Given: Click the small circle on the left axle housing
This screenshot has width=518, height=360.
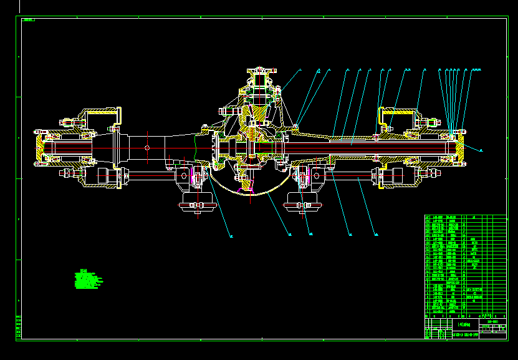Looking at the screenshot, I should (147, 147).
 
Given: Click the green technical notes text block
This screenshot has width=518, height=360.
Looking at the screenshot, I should (87, 280).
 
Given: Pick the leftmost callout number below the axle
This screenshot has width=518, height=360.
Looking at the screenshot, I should (231, 236).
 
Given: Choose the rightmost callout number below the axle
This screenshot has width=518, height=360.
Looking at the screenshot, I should (377, 235).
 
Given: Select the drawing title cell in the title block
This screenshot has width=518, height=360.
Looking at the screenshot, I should (464, 324).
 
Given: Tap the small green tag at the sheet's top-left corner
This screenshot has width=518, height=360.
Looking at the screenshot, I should (28, 20).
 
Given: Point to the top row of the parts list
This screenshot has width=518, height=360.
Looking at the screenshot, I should (465, 217).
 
